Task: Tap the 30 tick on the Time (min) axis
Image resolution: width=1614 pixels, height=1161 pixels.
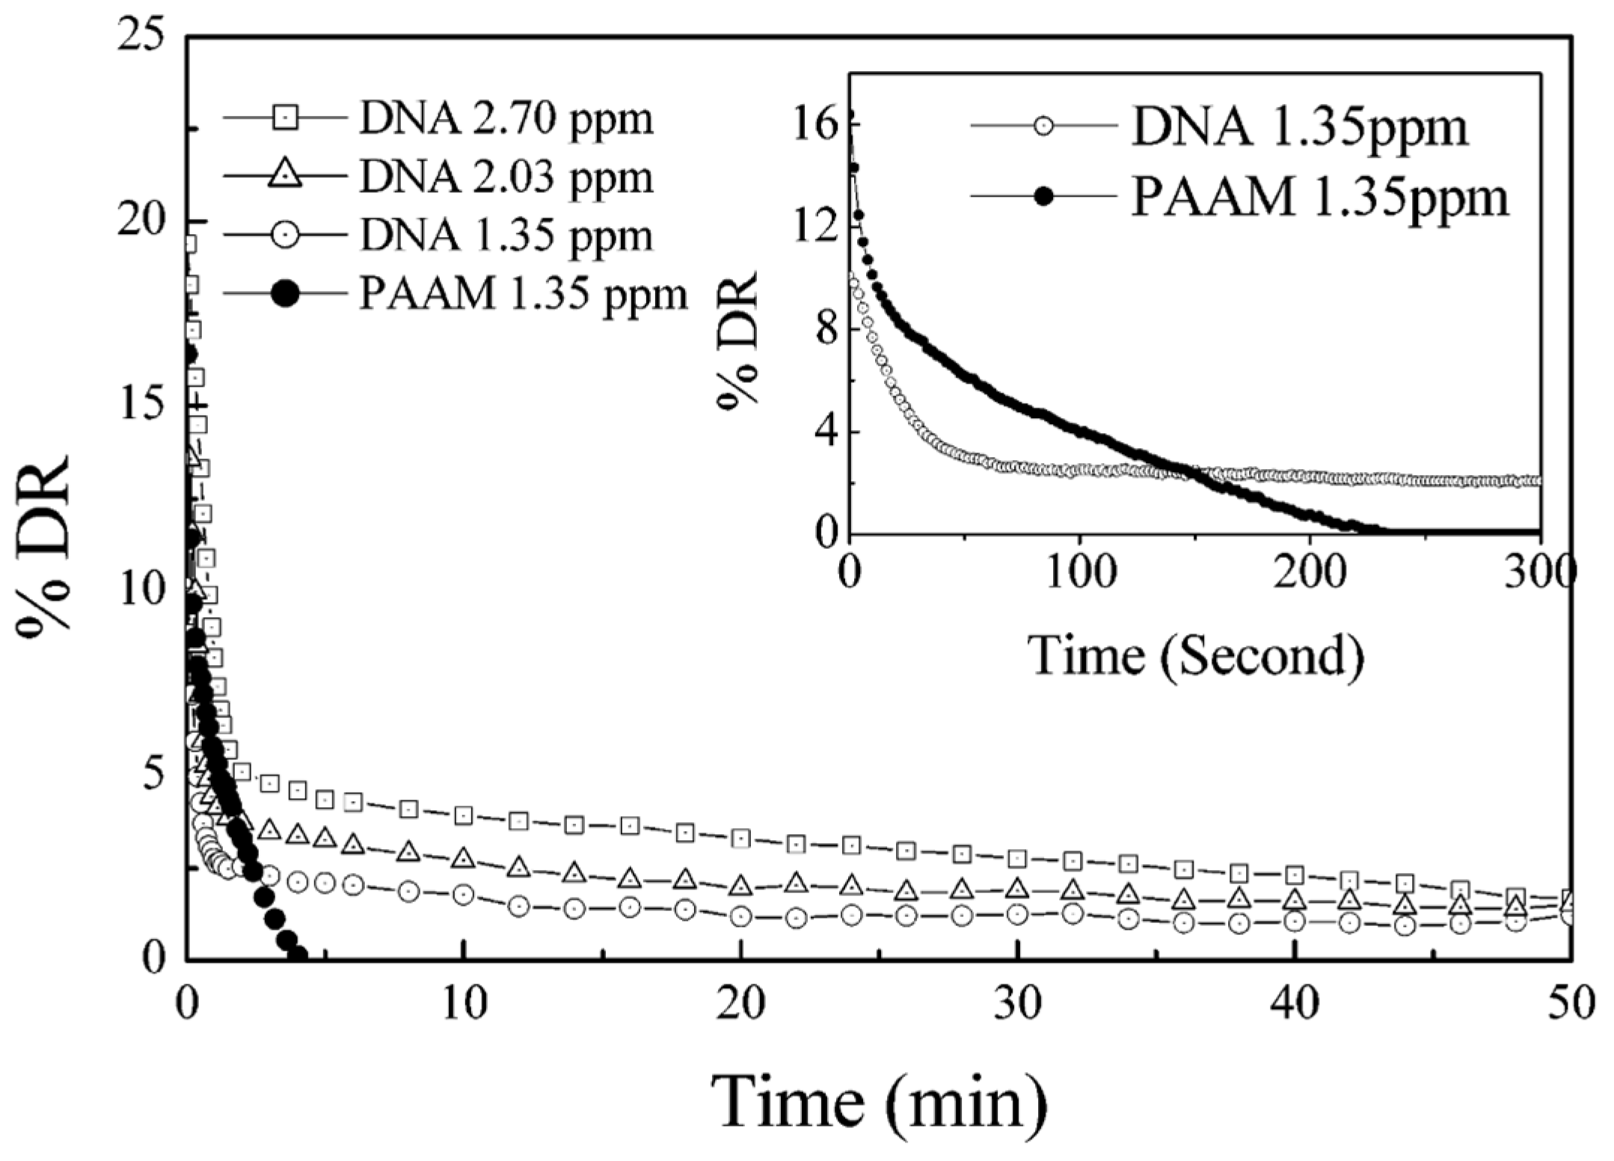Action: (1019, 1004)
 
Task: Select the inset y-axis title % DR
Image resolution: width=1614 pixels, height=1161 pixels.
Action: (740, 338)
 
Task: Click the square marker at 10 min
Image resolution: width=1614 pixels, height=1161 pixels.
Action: (464, 815)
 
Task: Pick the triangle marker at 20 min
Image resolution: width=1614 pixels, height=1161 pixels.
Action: (740, 886)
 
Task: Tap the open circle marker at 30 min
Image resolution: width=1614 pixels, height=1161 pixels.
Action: (1016, 913)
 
